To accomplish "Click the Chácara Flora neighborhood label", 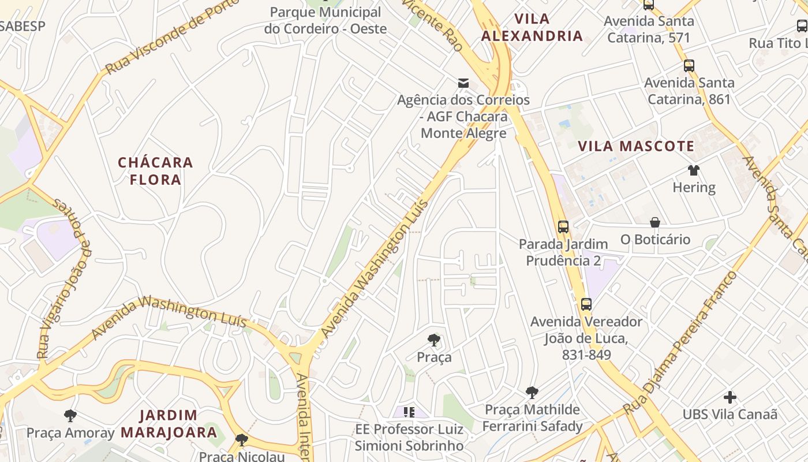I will tap(155, 171).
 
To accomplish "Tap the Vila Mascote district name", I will tap(636, 146).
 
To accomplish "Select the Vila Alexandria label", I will tap(532, 27).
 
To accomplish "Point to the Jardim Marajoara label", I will tap(169, 423).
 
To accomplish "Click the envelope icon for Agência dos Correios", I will tap(463, 83).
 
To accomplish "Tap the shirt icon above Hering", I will tap(694, 170).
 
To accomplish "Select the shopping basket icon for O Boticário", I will tap(655, 222).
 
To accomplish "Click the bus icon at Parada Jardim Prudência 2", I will tap(563, 227).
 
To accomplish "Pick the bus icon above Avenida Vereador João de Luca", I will tap(586, 304).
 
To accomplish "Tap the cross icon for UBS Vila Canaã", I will tap(730, 397).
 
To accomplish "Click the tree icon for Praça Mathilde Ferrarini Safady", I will tap(532, 393).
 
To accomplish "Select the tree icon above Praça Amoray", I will tap(70, 415).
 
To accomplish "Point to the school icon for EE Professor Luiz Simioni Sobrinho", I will tap(409, 412).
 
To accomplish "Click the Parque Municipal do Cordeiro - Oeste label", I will tap(326, 20).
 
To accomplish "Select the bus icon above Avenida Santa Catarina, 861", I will tap(689, 65).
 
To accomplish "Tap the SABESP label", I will tap(22, 26).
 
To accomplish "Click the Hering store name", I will tap(694, 188).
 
